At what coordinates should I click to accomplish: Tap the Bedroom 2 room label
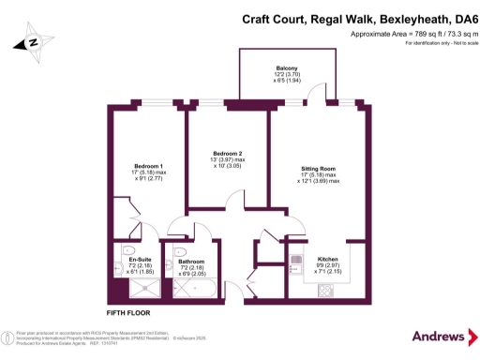227,153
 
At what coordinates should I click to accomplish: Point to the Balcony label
287,67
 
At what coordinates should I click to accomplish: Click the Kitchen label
327,258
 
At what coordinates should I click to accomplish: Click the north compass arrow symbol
31,42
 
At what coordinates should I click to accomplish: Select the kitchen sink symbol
295,258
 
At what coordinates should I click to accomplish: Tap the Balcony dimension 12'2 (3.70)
287,75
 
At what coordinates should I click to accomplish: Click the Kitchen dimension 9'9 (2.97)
327,265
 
